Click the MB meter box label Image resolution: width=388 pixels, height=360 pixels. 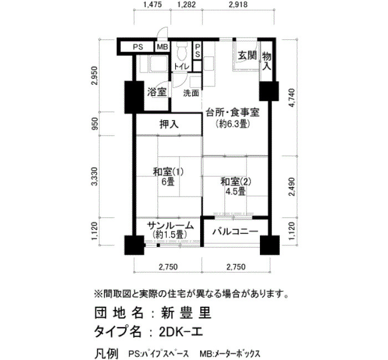(x=162, y=47)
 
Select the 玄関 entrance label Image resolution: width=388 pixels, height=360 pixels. (x=247, y=55)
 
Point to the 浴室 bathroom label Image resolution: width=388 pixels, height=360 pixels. (x=157, y=92)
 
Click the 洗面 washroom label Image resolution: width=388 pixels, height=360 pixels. (x=191, y=93)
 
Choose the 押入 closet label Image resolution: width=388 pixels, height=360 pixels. (x=169, y=125)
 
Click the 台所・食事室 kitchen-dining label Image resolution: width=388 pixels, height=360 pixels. (x=233, y=113)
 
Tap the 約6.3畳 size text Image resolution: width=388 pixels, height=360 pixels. (x=233, y=124)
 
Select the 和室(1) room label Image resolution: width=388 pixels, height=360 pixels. (x=169, y=172)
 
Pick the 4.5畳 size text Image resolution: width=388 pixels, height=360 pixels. (x=236, y=192)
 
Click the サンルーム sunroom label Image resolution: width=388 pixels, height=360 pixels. (x=170, y=225)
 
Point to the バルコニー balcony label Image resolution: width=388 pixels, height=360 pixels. (x=236, y=232)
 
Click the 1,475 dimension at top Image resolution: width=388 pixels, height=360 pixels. (x=152, y=4)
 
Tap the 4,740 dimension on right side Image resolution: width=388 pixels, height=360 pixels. (x=292, y=97)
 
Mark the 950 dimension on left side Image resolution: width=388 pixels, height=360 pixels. (x=95, y=124)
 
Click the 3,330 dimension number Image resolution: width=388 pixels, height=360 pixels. (x=95, y=176)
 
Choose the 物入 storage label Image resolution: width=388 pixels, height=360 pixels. (x=267, y=61)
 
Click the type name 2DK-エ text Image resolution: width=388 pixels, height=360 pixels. (x=181, y=332)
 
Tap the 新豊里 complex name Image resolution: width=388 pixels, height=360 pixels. (x=187, y=313)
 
